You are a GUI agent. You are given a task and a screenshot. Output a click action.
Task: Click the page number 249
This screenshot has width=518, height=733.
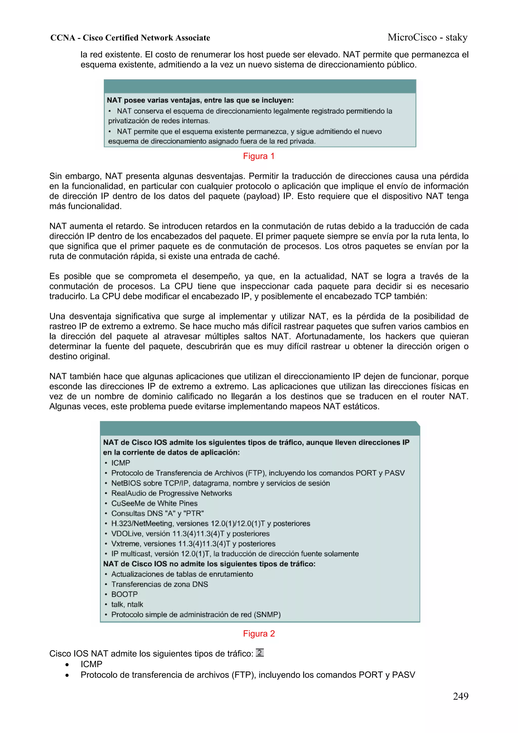pyautogui.click(x=460, y=696)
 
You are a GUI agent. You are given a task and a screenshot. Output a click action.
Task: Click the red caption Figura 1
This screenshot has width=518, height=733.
pyautogui.click(x=258, y=156)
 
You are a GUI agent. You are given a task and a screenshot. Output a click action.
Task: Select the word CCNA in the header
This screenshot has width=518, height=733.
pyautogui.click(x=62, y=38)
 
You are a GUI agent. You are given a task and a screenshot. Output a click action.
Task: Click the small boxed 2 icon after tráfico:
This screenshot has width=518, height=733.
pyautogui.click(x=260, y=653)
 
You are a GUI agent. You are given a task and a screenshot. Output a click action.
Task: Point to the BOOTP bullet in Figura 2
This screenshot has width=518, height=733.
pyautogui.click(x=124, y=594)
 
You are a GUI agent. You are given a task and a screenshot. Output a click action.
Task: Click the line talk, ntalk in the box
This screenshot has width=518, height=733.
pyautogui.click(x=127, y=604)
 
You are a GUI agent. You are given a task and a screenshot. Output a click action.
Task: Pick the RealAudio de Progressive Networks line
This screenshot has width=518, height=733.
pyautogui.click(x=171, y=493)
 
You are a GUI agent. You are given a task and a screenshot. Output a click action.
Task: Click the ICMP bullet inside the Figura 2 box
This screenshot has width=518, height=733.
pyautogui.click(x=120, y=463)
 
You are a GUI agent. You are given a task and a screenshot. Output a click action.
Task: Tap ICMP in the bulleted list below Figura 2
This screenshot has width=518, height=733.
pyautogui.click(x=91, y=664)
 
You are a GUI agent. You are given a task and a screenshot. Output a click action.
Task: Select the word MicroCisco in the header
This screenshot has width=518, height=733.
pyautogui.click(x=412, y=38)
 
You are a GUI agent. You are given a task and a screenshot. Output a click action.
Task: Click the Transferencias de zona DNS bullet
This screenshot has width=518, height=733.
pyautogui.click(x=159, y=584)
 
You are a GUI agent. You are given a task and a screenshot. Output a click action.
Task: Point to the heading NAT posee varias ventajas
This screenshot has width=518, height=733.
pyautogui.click(x=200, y=100)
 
